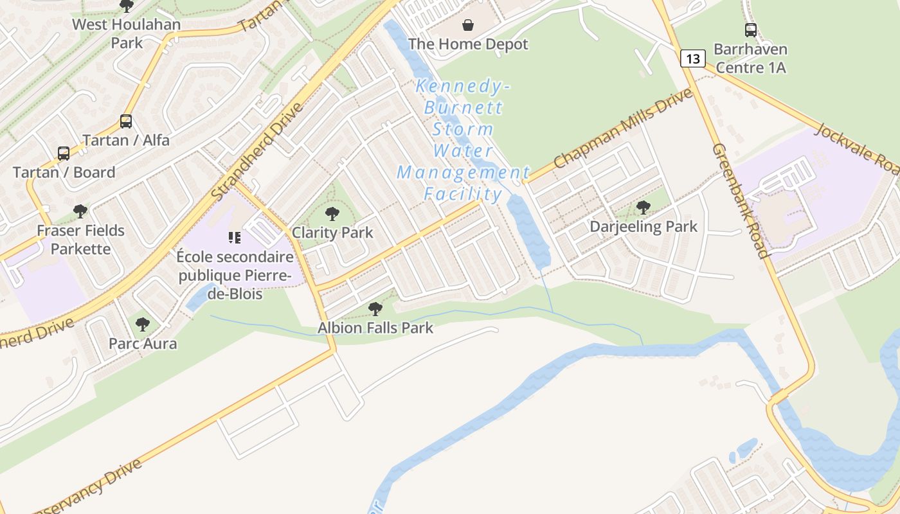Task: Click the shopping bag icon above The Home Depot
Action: click(469, 25)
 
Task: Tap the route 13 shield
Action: click(692, 59)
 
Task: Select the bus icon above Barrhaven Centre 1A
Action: click(750, 30)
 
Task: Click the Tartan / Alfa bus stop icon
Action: click(126, 121)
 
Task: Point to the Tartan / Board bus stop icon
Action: click(64, 154)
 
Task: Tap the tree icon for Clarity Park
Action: click(332, 213)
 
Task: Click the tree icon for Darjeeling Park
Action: click(643, 207)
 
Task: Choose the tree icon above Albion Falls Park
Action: click(375, 309)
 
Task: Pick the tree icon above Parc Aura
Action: click(143, 324)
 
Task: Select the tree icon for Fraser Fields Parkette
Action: click(80, 211)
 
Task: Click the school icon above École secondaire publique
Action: click(235, 238)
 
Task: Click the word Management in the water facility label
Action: click(463, 173)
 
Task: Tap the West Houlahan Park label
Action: click(126, 33)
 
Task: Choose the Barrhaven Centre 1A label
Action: click(750, 58)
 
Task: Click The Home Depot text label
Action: click(468, 44)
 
